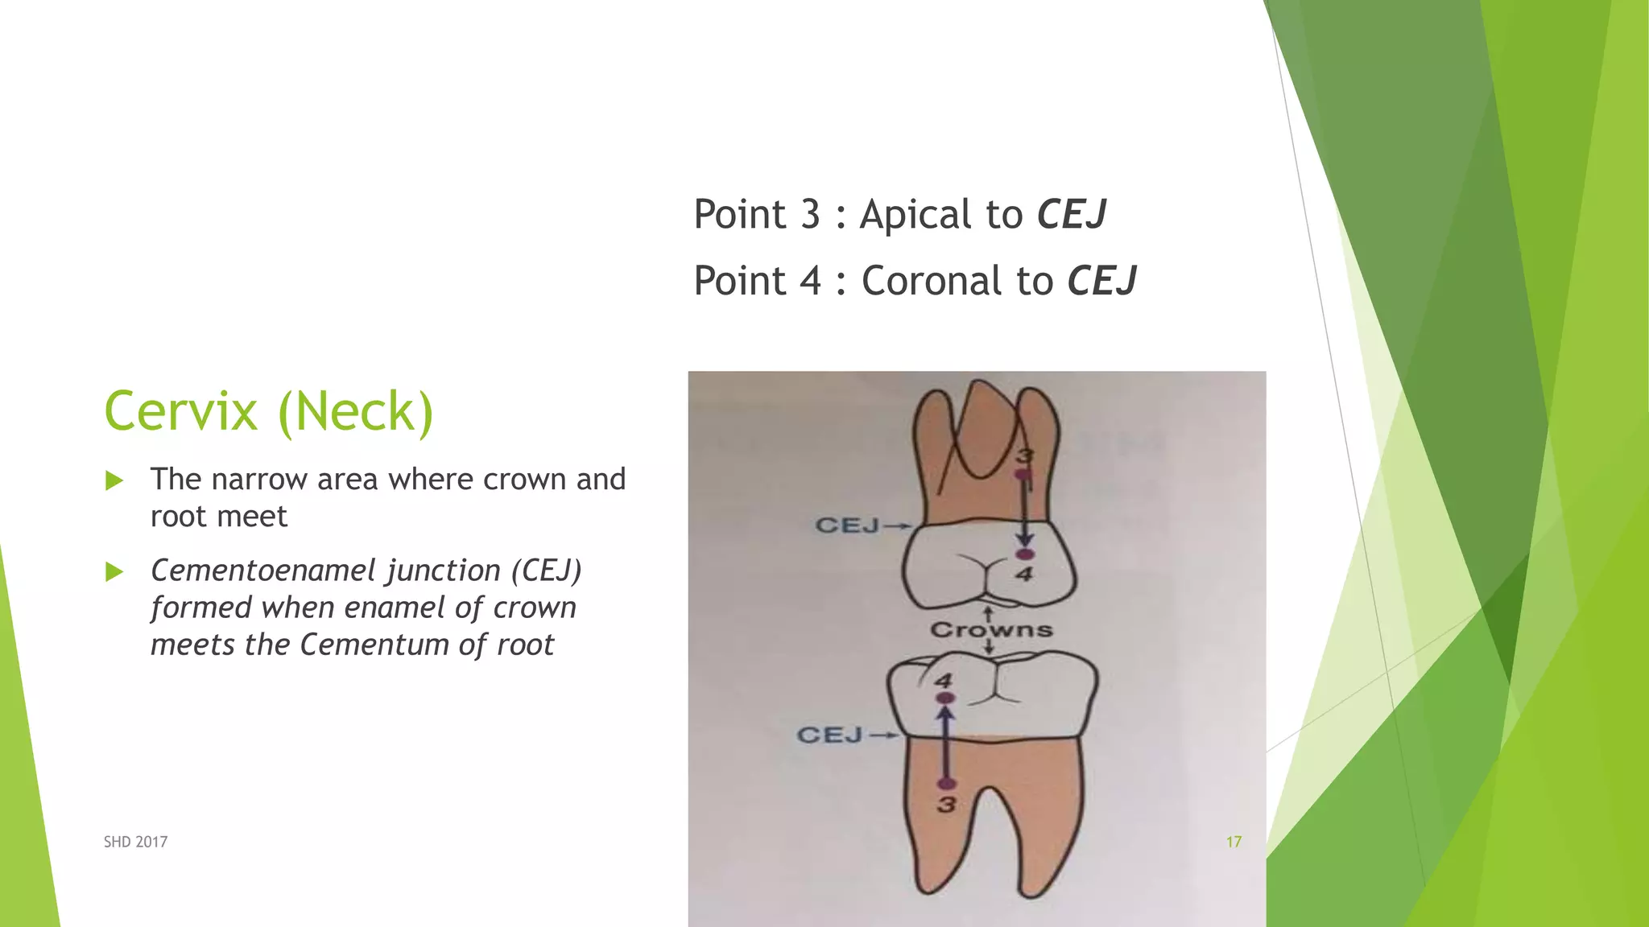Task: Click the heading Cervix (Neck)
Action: (x=268, y=411)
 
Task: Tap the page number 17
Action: (x=1234, y=842)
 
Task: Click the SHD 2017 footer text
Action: (x=135, y=842)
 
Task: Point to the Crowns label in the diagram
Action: (x=991, y=629)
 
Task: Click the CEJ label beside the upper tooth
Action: (x=847, y=525)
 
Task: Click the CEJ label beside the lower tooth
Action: (x=829, y=735)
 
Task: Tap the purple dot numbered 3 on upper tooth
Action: (x=1023, y=475)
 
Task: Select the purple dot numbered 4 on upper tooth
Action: (x=1024, y=554)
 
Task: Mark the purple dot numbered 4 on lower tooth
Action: (x=945, y=698)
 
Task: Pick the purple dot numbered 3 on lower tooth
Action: (x=947, y=784)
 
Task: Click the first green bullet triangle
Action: (x=114, y=481)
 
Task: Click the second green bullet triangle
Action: (x=114, y=572)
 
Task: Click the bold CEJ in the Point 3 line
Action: (x=1071, y=215)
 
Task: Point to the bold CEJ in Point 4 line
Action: (x=1101, y=282)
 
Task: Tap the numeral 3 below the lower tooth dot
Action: (x=947, y=805)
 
